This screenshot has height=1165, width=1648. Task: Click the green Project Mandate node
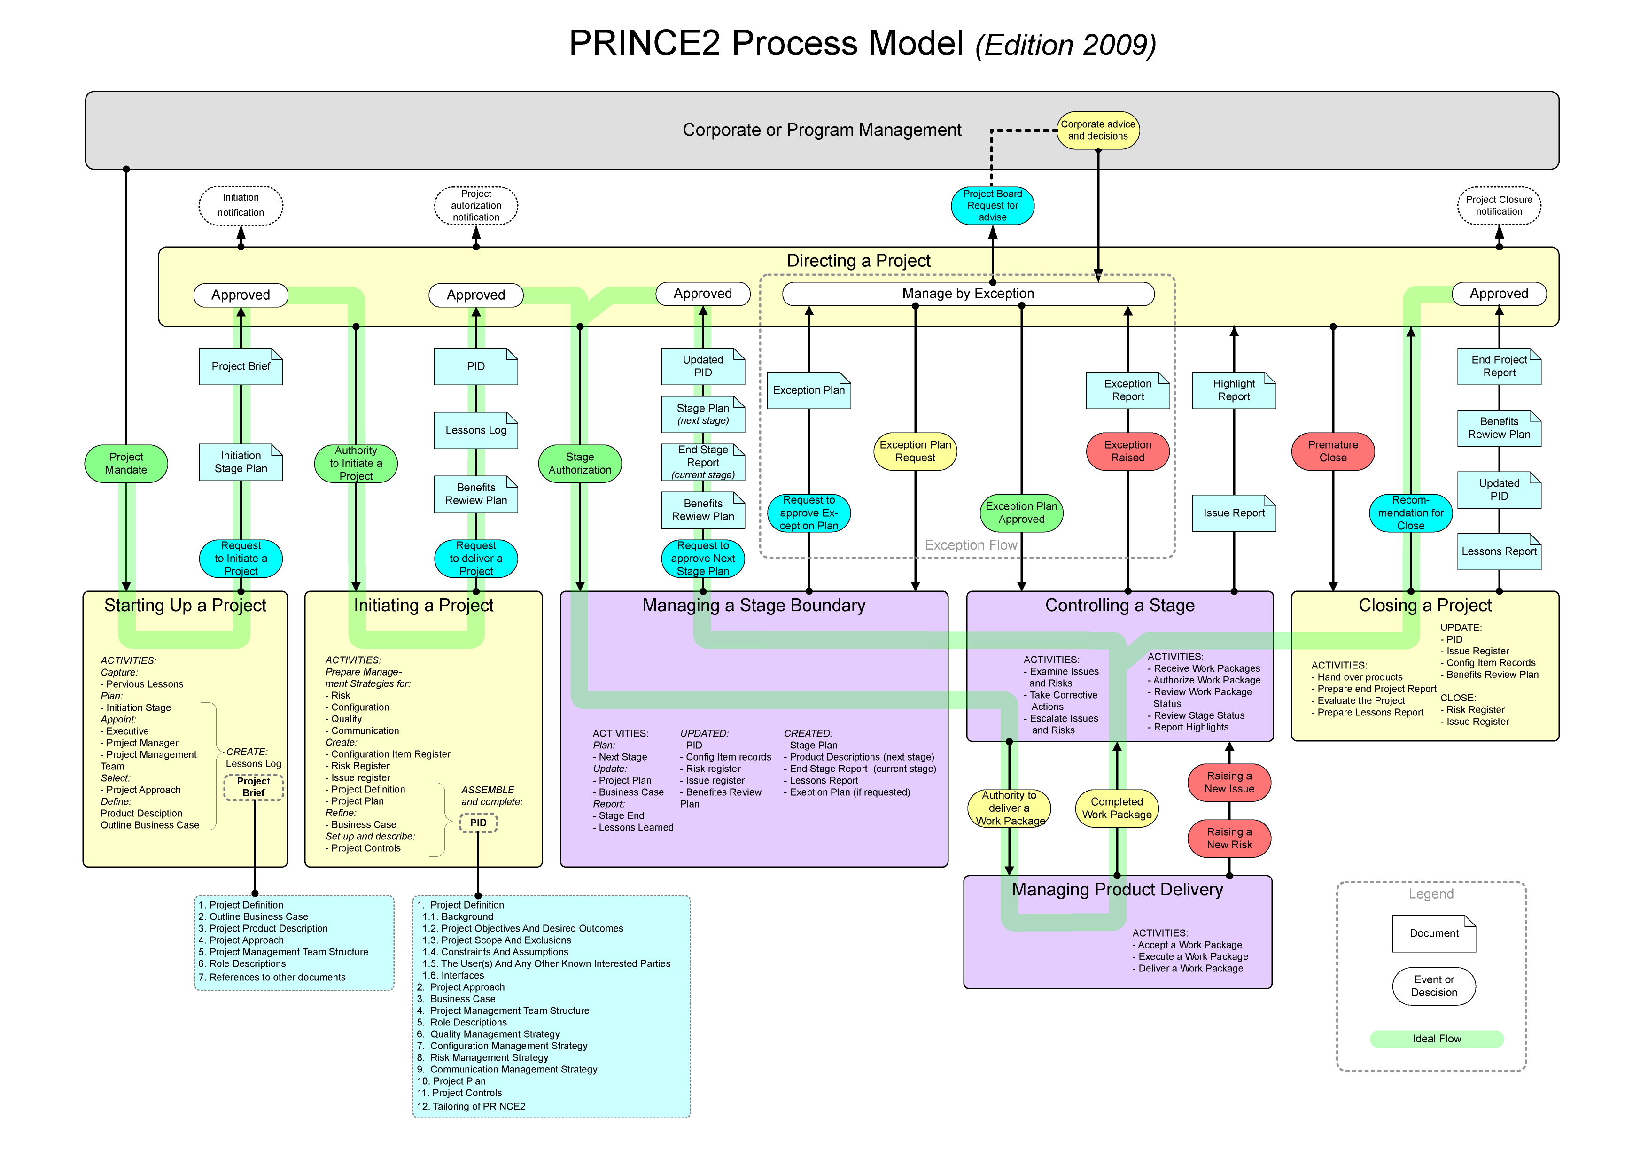click(126, 463)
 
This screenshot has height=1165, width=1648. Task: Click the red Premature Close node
click(1332, 451)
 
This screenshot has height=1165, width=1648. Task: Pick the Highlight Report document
click(1234, 390)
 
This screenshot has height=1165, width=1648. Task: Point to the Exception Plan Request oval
click(915, 451)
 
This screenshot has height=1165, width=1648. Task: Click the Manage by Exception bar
click(968, 294)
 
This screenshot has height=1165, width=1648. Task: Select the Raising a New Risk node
click(1229, 839)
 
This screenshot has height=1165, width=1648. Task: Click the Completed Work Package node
click(1116, 808)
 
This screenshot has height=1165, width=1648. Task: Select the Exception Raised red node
click(1127, 451)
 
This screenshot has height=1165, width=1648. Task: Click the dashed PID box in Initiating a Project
click(478, 823)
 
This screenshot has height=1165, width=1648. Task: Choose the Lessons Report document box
click(1499, 551)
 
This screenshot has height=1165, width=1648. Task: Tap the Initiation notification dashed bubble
click(241, 205)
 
